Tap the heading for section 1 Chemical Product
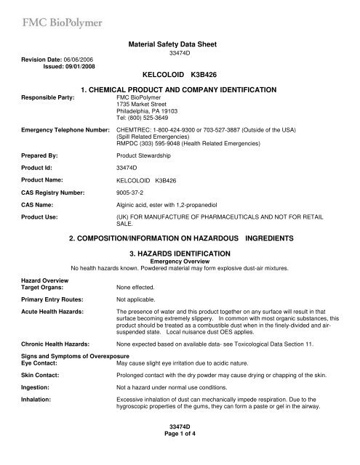tap(180, 88)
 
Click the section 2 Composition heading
tap(180, 238)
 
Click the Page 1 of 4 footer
tap(180, 452)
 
